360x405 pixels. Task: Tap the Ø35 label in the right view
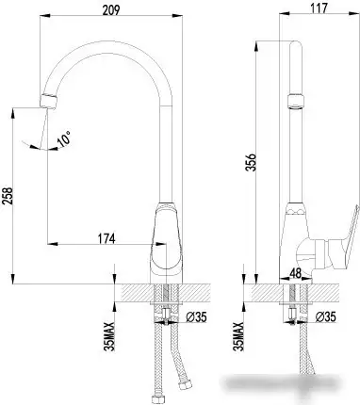pyautogui.click(x=325, y=316)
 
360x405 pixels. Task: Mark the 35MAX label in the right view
pyautogui.click(x=240, y=332)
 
